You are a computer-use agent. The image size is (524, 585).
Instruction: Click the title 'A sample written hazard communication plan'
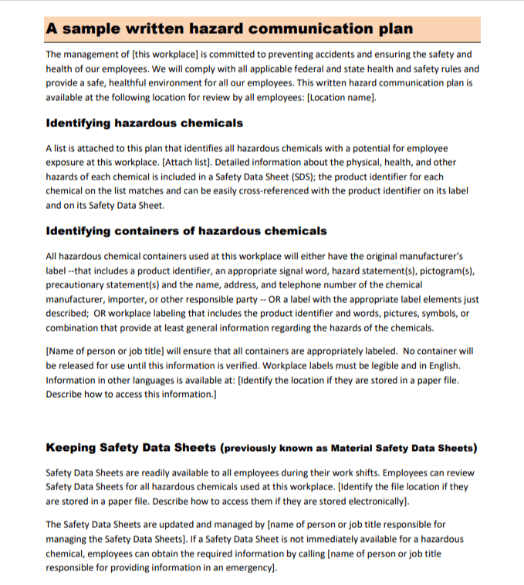229,29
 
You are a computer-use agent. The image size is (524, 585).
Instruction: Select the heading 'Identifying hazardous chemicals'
144,123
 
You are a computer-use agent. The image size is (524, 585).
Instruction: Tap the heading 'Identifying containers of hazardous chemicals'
186,231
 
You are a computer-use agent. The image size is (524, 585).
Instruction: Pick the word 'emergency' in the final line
246,567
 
